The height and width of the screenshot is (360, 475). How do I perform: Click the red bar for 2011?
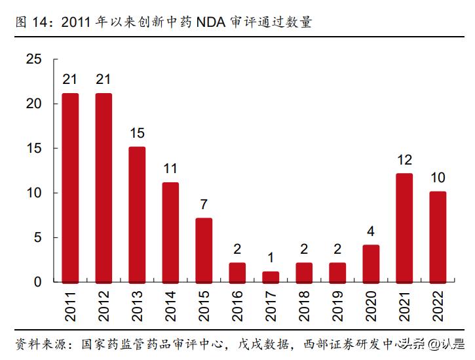coord(70,188)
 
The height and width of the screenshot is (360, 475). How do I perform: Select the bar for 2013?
coord(137,214)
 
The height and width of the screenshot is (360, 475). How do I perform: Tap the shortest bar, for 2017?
coord(271,277)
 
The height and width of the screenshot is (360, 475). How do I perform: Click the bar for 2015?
coord(204,250)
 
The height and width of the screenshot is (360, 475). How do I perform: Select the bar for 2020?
coord(371,264)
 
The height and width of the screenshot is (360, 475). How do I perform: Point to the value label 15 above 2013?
coord(137,133)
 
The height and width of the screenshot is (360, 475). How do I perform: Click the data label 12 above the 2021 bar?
coord(404,160)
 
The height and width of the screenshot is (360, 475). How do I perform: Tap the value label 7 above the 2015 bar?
coord(204,205)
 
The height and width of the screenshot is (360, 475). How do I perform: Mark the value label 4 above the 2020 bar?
coord(371,231)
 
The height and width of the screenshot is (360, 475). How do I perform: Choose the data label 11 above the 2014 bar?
coord(170,169)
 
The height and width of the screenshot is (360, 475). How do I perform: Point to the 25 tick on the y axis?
coord(33,60)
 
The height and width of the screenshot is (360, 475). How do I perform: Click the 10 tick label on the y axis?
coord(33,193)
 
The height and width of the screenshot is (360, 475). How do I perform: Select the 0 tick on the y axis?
coord(38,282)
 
